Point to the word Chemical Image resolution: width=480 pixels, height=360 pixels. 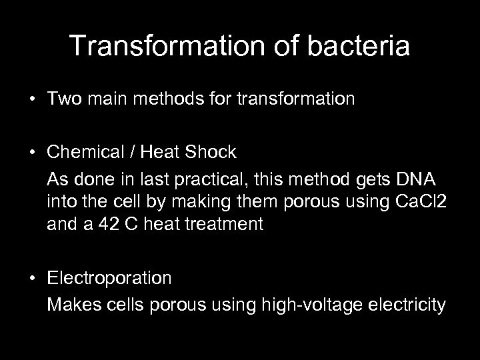click(x=83, y=152)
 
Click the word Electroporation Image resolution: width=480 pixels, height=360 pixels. click(x=109, y=277)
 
